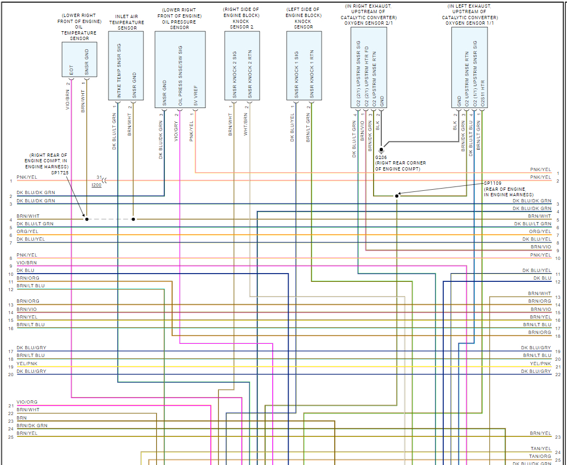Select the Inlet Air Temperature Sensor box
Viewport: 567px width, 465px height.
coord(126,65)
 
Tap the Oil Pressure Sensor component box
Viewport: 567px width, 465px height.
coord(180,65)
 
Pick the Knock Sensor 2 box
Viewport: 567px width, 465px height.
coord(242,65)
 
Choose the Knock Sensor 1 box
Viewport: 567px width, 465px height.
coord(303,65)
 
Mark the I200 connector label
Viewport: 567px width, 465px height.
coord(96,185)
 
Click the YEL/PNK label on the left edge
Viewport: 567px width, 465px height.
coord(27,363)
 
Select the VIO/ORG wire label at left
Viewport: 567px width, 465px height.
coord(27,402)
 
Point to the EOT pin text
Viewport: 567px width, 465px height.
coord(71,71)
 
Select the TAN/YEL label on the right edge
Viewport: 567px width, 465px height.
coord(540,449)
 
